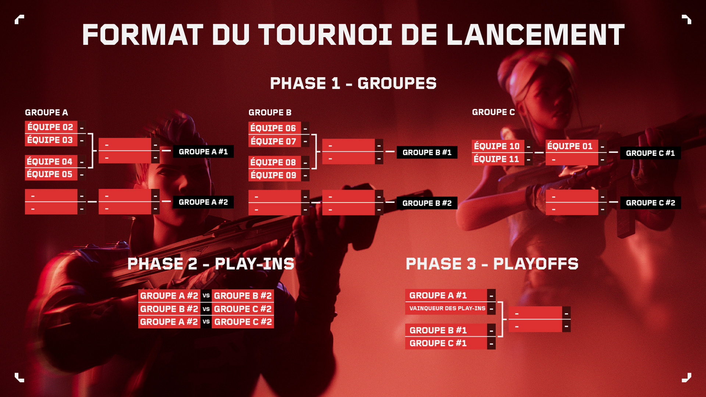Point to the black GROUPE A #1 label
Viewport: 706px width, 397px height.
pyautogui.click(x=203, y=151)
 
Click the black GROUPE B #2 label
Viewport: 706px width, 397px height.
pyautogui.click(x=427, y=203)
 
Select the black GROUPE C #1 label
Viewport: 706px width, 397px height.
pyautogui.click(x=650, y=153)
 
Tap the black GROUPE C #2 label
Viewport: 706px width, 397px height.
pyautogui.click(x=650, y=203)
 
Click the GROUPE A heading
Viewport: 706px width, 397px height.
pyautogui.click(x=46, y=112)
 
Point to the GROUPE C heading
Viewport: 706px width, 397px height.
pyautogui.click(x=493, y=112)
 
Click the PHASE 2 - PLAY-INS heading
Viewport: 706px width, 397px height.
pyautogui.click(x=211, y=264)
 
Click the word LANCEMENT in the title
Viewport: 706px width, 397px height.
pyautogui.click(x=535, y=35)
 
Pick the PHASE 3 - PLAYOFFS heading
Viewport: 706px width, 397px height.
pyautogui.click(x=492, y=264)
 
